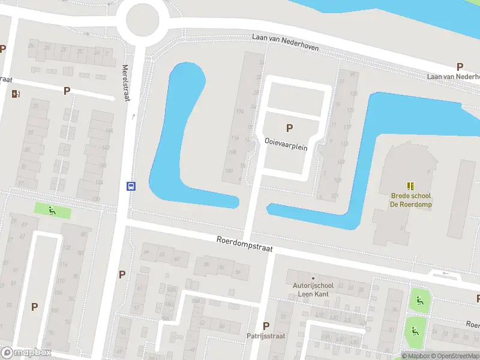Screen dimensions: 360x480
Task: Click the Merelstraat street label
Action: tap(126, 83)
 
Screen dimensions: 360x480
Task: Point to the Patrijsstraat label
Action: tap(266, 337)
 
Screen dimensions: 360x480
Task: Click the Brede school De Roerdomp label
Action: tap(411, 200)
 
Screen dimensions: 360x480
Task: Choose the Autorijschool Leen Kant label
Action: tap(312, 291)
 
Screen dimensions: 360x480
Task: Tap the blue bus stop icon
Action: tap(130, 186)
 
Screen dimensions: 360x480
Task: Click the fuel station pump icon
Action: tap(16, 94)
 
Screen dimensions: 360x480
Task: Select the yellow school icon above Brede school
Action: tap(411, 186)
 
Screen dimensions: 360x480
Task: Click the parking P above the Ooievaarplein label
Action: tap(290, 128)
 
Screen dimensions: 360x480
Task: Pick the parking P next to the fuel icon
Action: tap(67, 91)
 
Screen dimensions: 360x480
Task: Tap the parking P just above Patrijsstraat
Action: tap(266, 326)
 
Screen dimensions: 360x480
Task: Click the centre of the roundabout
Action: tap(142, 22)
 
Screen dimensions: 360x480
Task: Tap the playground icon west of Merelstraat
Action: tap(52, 211)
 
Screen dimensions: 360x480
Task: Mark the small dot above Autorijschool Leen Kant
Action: tap(312, 278)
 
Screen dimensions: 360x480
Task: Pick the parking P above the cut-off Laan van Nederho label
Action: tap(460, 67)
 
